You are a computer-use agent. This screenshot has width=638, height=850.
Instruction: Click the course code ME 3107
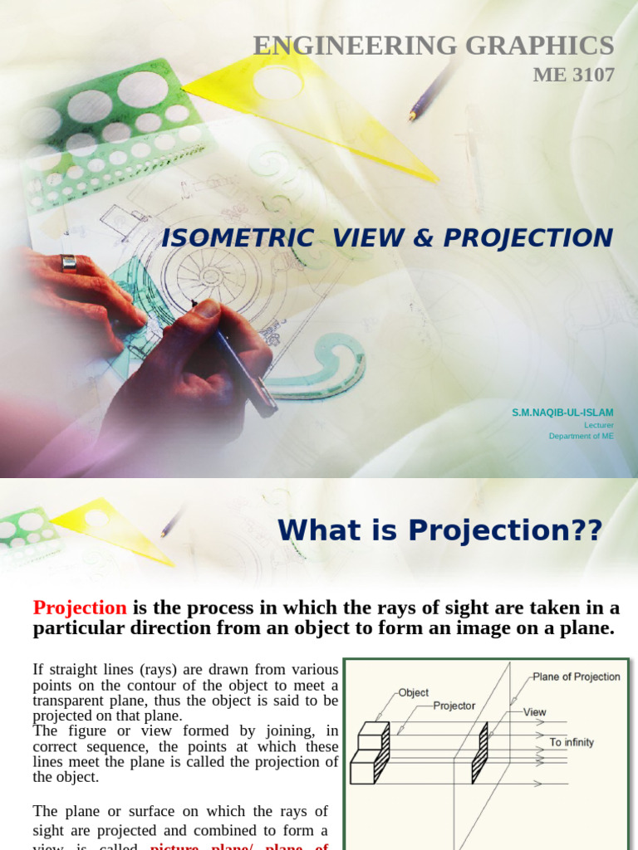point(573,76)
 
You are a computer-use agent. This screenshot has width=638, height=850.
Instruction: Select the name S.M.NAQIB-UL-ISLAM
point(562,412)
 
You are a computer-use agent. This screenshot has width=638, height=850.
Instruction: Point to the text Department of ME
point(581,436)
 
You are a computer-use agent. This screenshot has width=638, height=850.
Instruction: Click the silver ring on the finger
point(68,263)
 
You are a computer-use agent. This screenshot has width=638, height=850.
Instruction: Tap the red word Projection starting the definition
point(80,608)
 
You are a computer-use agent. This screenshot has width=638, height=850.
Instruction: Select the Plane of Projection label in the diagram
point(576,677)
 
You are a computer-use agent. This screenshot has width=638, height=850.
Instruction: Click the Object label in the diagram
point(414,692)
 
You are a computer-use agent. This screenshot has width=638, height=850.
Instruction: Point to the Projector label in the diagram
point(454,706)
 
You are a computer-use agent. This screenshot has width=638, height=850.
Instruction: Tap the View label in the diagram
point(534,712)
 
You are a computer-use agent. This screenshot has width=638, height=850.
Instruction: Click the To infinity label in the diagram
point(572,742)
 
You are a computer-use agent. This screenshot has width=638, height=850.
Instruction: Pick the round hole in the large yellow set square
point(277,82)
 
